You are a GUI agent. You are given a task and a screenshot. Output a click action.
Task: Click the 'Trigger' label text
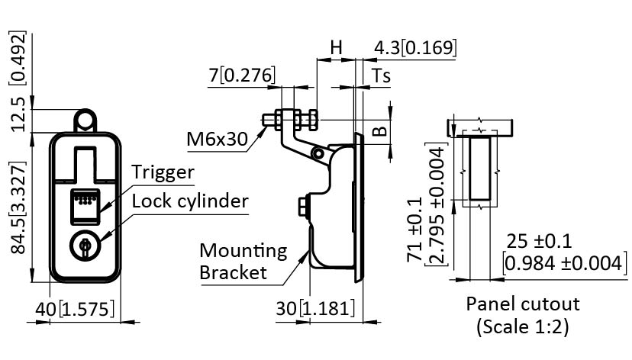click(x=162, y=172)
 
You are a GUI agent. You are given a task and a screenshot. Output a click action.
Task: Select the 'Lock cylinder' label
click(x=190, y=201)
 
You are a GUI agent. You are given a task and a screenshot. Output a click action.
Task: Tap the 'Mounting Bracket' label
click(x=243, y=261)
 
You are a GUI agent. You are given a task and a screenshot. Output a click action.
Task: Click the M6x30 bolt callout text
click(x=218, y=140)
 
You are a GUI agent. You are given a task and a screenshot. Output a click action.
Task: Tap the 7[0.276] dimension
click(x=241, y=75)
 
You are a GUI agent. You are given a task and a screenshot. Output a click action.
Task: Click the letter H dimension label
click(x=336, y=47)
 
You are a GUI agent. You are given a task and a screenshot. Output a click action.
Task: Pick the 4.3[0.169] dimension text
click(x=414, y=47)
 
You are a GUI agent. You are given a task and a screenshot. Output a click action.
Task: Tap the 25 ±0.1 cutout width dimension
click(x=540, y=242)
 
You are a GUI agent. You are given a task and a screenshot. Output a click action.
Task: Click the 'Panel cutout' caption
click(x=523, y=304)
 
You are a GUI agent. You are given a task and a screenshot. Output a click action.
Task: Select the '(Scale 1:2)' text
click(x=523, y=328)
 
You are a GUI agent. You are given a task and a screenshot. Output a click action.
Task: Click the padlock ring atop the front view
click(x=85, y=121)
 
